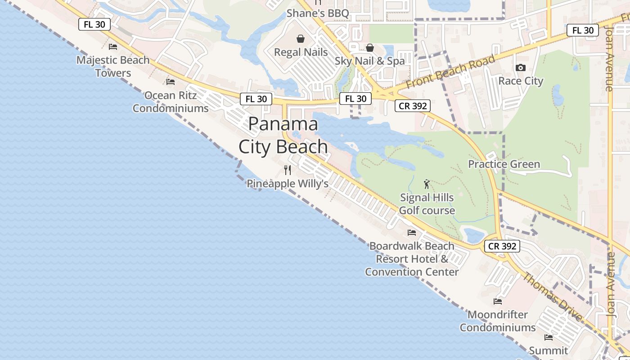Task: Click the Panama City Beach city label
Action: point(283,135)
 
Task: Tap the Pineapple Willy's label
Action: point(288,184)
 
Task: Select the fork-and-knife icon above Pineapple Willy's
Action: point(288,170)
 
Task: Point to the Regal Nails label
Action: point(301,52)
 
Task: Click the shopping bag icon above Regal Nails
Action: point(301,39)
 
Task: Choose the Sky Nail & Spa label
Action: point(370,61)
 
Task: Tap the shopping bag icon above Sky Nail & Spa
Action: point(370,48)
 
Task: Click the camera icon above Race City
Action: point(521,68)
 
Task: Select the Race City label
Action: point(521,81)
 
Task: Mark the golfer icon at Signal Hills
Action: point(427,184)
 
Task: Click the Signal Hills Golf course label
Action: point(427,204)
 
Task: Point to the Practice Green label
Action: point(504,164)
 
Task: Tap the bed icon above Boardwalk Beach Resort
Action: point(412,233)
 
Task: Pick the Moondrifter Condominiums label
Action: point(498,321)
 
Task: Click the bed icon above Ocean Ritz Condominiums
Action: point(171,82)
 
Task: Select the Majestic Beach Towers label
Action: point(113,66)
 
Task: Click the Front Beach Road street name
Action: point(451,71)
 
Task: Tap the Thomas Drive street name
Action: point(551,297)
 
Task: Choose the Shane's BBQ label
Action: point(318,13)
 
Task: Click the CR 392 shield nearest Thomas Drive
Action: point(502,246)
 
